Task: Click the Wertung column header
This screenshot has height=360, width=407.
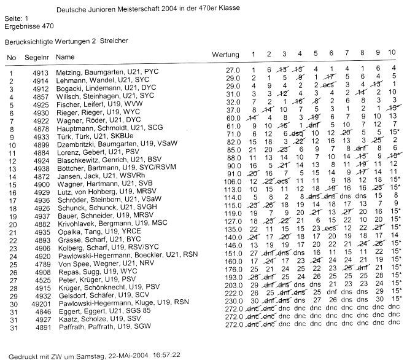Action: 225,56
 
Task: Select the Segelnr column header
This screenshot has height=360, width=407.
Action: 36,57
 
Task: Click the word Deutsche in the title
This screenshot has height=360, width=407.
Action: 71,10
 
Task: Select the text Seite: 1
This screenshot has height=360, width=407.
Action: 16,20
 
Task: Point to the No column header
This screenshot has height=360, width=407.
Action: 11,57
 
